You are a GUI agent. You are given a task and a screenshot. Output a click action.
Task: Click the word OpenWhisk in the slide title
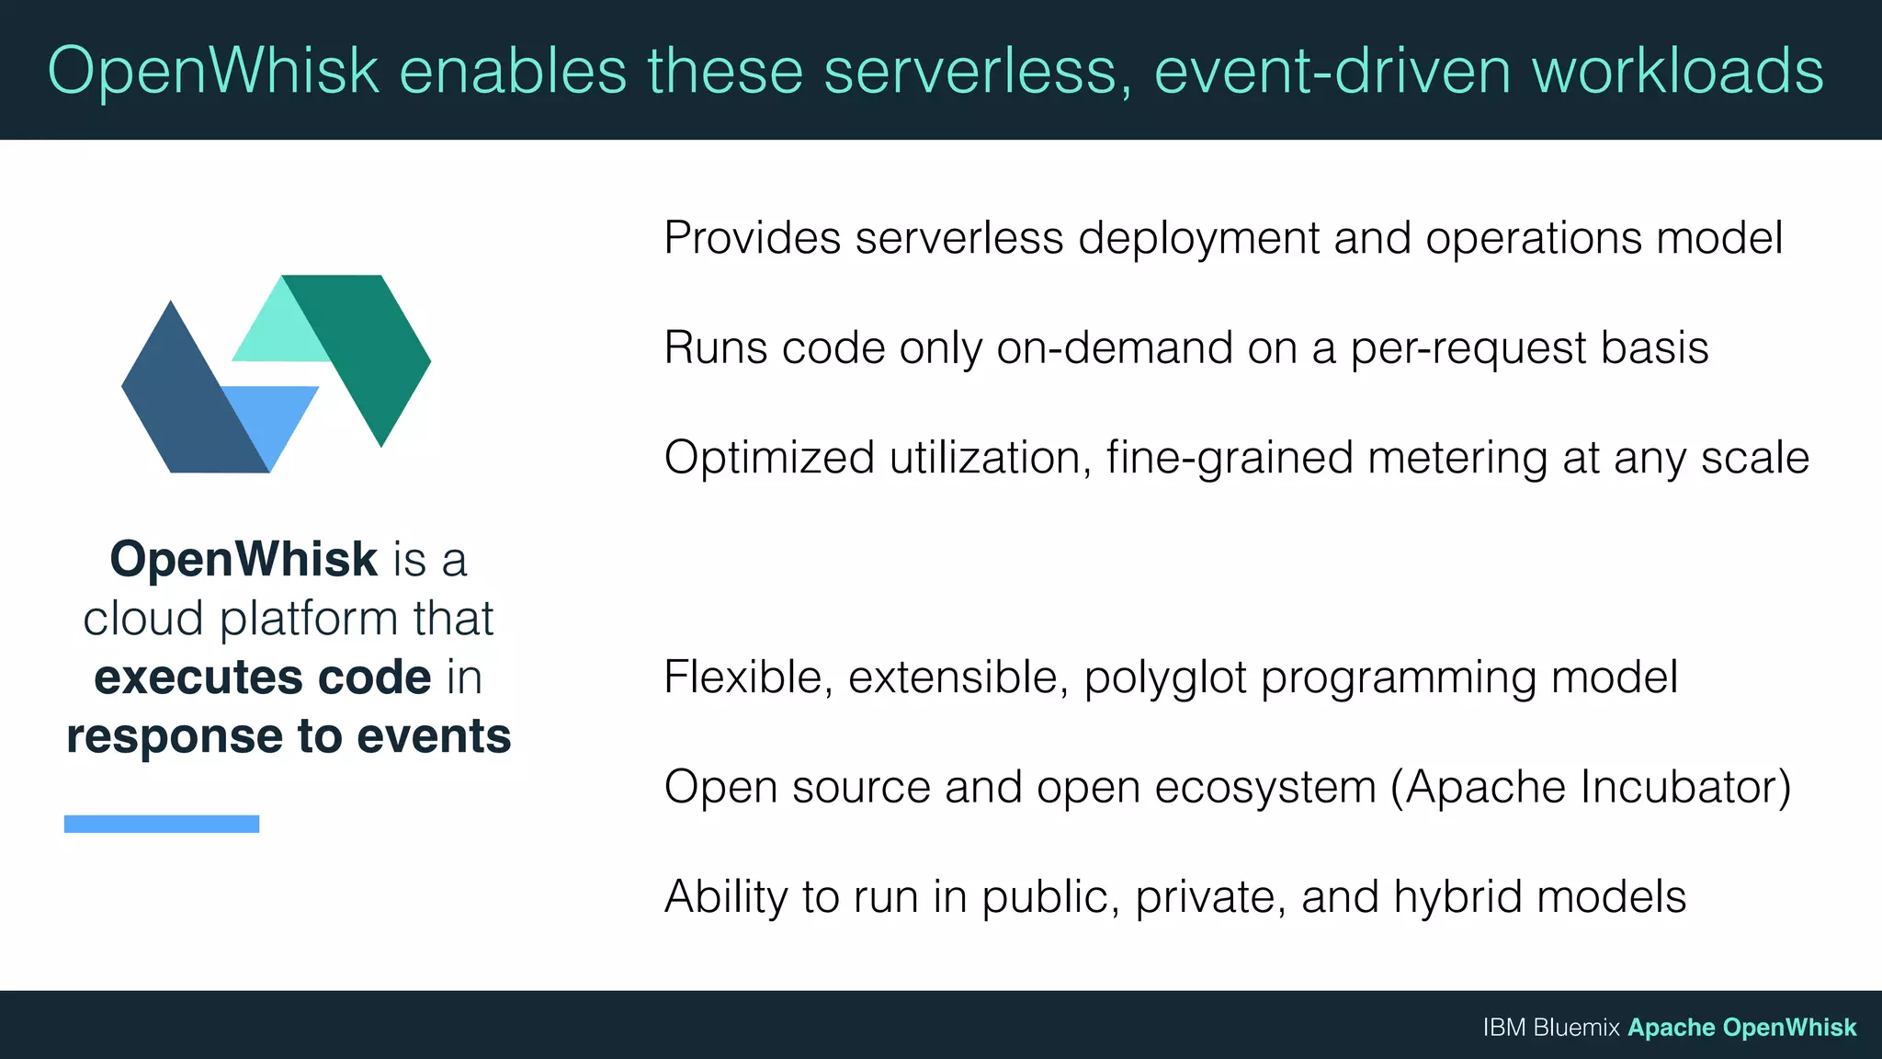coord(213,72)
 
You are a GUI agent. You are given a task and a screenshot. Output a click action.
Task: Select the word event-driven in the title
coord(1332,72)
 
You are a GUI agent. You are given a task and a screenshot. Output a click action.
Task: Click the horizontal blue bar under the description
coord(162,824)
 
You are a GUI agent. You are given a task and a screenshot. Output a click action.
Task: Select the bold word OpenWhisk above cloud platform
coord(244,559)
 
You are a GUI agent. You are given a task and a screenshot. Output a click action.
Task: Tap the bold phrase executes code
coord(263,678)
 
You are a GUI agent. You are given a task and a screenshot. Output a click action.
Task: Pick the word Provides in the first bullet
coord(752,238)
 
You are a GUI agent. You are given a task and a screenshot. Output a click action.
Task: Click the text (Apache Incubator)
coord(1590,788)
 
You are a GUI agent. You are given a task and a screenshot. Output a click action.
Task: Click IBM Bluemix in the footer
coord(1550,1028)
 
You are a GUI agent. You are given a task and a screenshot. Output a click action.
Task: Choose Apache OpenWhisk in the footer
coord(1741,1028)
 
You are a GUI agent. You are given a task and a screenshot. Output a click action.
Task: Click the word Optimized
coord(768,458)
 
